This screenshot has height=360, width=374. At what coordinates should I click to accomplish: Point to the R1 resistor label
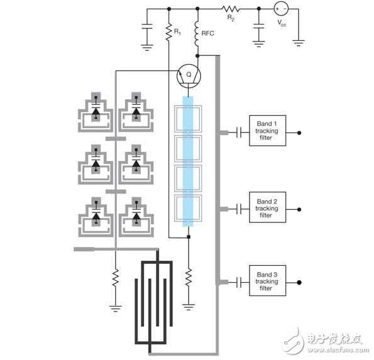click(177, 30)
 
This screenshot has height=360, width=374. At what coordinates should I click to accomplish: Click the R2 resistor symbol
click(228, 9)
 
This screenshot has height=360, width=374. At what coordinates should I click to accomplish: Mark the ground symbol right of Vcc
click(299, 42)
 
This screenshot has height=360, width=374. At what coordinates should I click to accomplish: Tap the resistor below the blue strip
click(188, 277)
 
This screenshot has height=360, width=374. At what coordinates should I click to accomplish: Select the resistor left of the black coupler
click(115, 277)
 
